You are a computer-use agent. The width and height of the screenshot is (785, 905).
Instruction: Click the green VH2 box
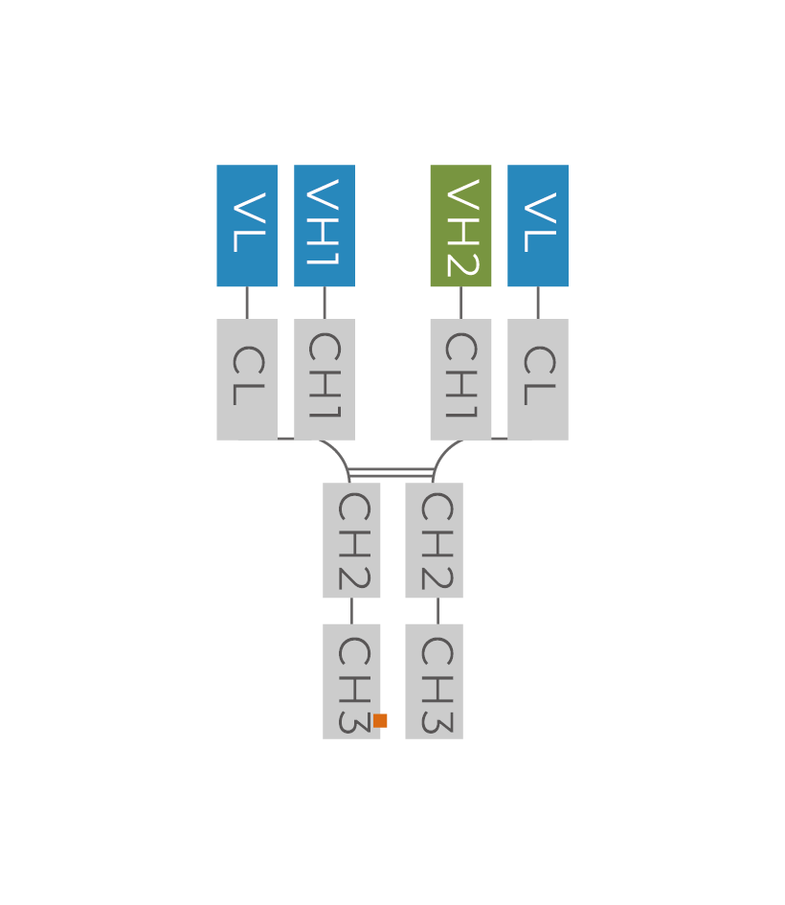click(x=460, y=226)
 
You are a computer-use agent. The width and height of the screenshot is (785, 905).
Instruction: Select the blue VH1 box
click(x=325, y=226)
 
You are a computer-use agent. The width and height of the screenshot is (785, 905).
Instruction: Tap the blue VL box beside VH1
click(x=247, y=226)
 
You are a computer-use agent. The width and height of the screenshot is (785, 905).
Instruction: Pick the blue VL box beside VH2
click(x=538, y=226)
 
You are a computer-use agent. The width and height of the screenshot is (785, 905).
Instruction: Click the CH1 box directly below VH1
click(x=325, y=379)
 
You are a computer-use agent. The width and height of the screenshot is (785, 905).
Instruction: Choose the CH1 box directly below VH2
click(x=460, y=379)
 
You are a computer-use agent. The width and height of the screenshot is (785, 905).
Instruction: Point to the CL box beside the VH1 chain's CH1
click(x=247, y=379)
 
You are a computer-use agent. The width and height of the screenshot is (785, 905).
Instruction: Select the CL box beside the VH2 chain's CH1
click(x=538, y=379)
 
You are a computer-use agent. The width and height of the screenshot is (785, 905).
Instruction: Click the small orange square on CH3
click(x=380, y=720)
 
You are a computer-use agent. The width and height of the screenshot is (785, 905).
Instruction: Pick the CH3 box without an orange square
click(x=434, y=681)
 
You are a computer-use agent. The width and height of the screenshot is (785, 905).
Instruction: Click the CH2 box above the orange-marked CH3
click(x=351, y=540)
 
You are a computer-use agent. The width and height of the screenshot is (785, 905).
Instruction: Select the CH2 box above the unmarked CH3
click(x=434, y=540)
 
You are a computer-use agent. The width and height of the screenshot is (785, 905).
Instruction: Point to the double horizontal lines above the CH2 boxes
click(x=392, y=471)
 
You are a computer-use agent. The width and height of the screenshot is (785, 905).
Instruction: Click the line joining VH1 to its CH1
click(x=325, y=303)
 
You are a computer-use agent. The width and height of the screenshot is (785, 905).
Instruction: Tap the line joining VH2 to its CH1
click(x=460, y=303)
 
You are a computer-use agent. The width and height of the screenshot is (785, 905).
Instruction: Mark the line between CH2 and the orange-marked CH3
click(x=351, y=611)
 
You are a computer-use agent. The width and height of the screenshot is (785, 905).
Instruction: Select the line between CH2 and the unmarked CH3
click(x=437, y=611)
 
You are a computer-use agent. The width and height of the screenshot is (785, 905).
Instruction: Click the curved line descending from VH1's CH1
click(x=340, y=454)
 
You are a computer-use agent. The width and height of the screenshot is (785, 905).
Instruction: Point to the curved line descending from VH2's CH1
click(x=442, y=454)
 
